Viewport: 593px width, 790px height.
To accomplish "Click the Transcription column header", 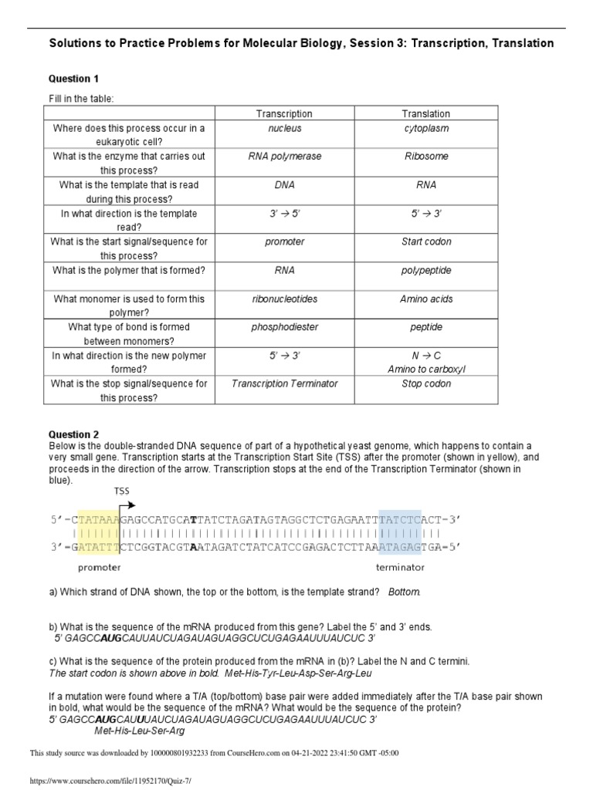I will pyautogui.click(x=284, y=114).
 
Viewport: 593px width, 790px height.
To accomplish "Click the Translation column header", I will pyautogui.click(x=426, y=114).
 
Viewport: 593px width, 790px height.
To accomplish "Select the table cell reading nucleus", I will pyautogui.click(x=284, y=128).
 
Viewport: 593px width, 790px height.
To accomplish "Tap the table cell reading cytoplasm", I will pyautogui.click(x=426, y=128).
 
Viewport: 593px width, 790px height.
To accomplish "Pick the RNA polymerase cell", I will pyautogui.click(x=284, y=157).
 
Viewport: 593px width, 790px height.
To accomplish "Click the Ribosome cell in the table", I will pyautogui.click(x=426, y=157).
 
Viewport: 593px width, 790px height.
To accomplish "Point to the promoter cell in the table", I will pyautogui.click(x=284, y=242).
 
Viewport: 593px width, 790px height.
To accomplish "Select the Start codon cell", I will pyautogui.click(x=426, y=242).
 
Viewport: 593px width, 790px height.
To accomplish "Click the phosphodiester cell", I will pyautogui.click(x=284, y=327).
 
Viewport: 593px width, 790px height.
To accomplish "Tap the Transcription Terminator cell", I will pyautogui.click(x=284, y=383).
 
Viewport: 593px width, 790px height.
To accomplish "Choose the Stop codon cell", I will pyautogui.click(x=426, y=383).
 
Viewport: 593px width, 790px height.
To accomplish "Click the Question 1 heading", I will pyautogui.click(x=74, y=79).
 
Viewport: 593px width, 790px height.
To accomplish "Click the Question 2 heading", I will pyautogui.click(x=74, y=435).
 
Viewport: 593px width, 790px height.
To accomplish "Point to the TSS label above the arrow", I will pyautogui.click(x=122, y=491).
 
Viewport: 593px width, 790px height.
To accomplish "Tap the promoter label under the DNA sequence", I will pyautogui.click(x=99, y=568).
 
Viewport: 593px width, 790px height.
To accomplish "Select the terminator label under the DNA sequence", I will pyautogui.click(x=400, y=568).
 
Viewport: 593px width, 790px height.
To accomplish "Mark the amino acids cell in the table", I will pyautogui.click(x=426, y=299).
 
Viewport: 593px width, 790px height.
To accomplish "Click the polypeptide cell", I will pyautogui.click(x=426, y=271).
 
